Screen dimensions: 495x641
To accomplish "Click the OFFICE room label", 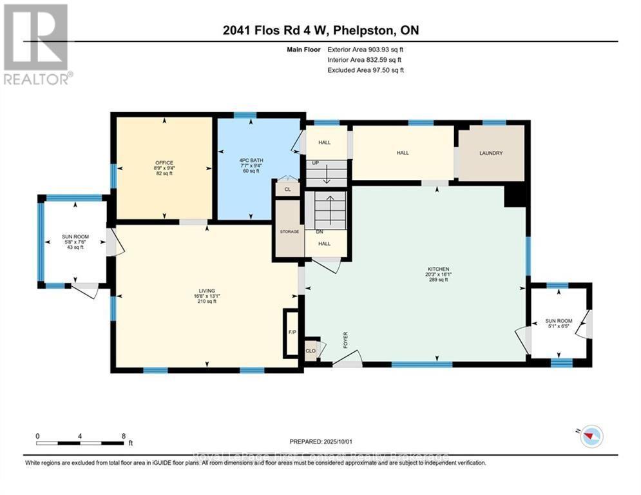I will [x=164, y=162].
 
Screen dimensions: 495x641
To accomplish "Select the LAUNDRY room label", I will [x=491, y=153].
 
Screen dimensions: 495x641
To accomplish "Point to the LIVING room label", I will [x=207, y=291].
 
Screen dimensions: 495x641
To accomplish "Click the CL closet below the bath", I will [x=287, y=189].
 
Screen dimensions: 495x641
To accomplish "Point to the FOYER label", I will [x=345, y=340].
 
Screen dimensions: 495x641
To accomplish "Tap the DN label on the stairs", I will [x=319, y=232].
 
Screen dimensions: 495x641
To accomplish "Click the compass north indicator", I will [x=591, y=437].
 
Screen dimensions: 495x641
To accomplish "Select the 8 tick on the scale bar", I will [x=123, y=436].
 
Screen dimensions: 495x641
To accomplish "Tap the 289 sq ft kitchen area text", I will [x=439, y=280].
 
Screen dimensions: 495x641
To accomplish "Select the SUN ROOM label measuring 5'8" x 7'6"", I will [x=75, y=237].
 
